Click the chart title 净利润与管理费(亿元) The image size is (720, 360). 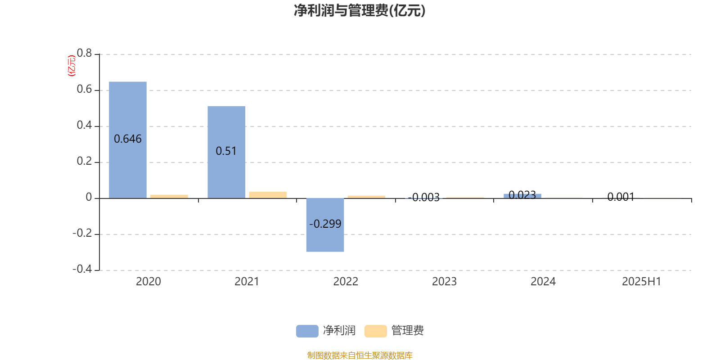pyautogui.click(x=360, y=11)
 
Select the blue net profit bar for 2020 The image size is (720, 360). pyautogui.click(x=128, y=140)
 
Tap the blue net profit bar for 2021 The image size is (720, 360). pyautogui.click(x=226, y=152)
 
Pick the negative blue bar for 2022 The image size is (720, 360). pyautogui.click(x=325, y=225)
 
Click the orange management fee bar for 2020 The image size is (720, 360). pyautogui.click(x=169, y=196)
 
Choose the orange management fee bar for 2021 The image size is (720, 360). pyautogui.click(x=268, y=195)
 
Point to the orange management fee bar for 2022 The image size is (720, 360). pyautogui.click(x=366, y=197)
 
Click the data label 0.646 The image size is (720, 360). pyautogui.click(x=128, y=139)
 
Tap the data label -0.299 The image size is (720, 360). pyautogui.click(x=325, y=224)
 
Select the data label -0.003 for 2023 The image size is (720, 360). pyautogui.click(x=423, y=198)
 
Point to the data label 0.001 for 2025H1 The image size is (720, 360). pyautogui.click(x=621, y=197)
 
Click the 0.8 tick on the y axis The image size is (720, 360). pyautogui.click(x=84, y=53)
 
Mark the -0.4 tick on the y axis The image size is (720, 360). pyautogui.click(x=82, y=269)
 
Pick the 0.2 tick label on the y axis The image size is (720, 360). pyautogui.click(x=84, y=161)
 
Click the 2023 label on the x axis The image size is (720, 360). pyautogui.click(x=444, y=282)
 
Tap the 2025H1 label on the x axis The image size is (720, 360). pyautogui.click(x=642, y=282)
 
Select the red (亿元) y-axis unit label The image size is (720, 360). pyautogui.click(x=72, y=66)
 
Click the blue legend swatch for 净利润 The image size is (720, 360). pyautogui.click(x=307, y=331)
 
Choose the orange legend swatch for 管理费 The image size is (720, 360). pyautogui.click(x=375, y=331)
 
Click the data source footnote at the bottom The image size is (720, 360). pyautogui.click(x=360, y=355)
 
